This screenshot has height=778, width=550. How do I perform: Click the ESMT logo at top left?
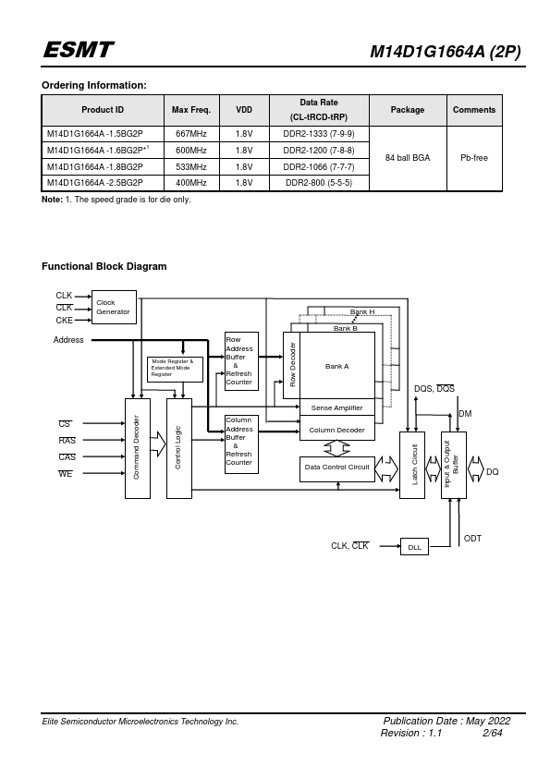(79, 50)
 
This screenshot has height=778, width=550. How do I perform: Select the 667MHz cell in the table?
(191, 134)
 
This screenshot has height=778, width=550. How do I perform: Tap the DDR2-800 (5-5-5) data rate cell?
(319, 183)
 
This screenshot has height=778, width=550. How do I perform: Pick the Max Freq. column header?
(191, 110)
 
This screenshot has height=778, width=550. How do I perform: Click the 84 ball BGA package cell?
(408, 158)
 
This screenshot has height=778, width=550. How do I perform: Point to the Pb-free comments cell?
(474, 158)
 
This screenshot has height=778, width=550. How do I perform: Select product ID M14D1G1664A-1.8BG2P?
(95, 167)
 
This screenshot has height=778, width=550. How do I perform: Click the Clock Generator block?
(114, 307)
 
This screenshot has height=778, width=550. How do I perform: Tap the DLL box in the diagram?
(414, 547)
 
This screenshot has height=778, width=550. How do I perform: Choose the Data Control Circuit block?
(337, 468)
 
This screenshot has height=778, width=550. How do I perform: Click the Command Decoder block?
(137, 448)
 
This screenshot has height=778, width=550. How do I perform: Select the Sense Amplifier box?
(337, 407)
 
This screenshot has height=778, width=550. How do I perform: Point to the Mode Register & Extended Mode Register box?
(175, 370)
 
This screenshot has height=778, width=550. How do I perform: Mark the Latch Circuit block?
(412, 465)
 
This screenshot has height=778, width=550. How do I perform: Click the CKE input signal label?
(64, 321)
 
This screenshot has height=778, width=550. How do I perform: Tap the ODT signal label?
(472, 539)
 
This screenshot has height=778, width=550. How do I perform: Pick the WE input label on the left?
(65, 474)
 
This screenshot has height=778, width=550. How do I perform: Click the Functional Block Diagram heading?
(104, 266)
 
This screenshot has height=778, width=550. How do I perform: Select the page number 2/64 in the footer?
(492, 733)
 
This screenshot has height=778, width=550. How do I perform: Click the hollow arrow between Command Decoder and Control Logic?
(158, 444)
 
